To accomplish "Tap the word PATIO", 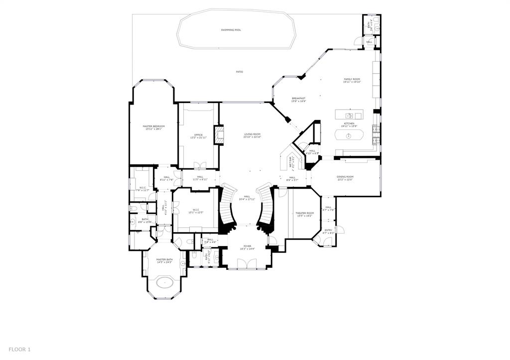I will pyautogui.click(x=240, y=72).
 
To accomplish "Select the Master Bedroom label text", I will pyautogui.click(x=153, y=126).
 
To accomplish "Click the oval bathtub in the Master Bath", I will pyautogui.click(x=164, y=283).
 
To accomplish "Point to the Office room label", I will pyautogui.click(x=198, y=135).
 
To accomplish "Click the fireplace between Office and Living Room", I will pyautogui.click(x=219, y=135).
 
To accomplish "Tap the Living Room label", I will pyautogui.click(x=252, y=134).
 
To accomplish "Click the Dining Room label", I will pyautogui.click(x=345, y=177).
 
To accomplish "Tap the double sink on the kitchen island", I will pyautogui.click(x=349, y=116).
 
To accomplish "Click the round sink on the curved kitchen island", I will pyautogui.click(x=349, y=135).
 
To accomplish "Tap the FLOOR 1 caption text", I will pyautogui.click(x=19, y=350).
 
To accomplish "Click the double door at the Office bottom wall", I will pyautogui.click(x=199, y=165).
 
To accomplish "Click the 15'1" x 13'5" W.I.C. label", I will pyautogui.click(x=195, y=212).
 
